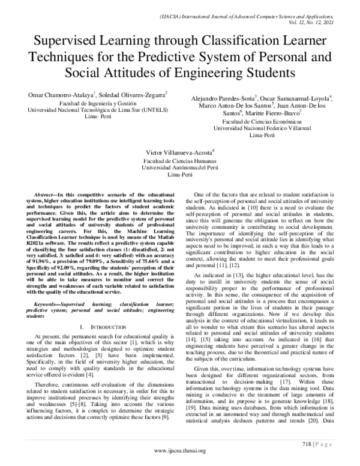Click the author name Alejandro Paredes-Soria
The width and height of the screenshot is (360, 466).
pyautogui.click(x=223, y=97)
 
